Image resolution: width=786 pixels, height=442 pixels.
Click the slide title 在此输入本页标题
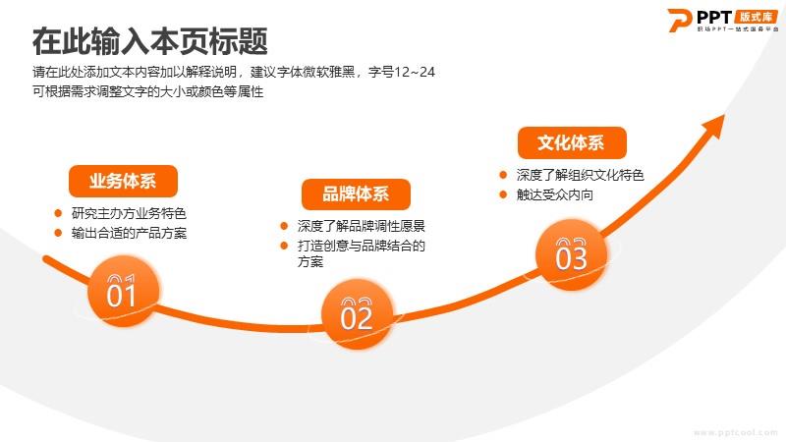pos(150,41)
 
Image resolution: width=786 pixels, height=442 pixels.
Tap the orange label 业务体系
pos(123,181)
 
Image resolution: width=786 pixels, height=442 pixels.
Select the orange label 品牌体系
pos(356,193)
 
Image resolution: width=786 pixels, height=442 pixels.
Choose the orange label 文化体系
pos(572,142)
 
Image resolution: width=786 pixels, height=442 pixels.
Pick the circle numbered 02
pos(357,314)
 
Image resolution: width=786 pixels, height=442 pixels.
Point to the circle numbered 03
pos(571,254)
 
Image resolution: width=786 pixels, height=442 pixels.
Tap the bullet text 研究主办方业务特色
pos(129,213)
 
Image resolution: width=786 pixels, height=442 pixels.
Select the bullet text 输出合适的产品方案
pos(129,233)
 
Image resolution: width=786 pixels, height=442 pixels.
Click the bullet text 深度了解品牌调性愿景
pos(361,226)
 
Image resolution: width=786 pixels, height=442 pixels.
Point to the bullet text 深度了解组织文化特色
pos(580,175)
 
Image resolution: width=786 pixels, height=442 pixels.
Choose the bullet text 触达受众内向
pos(555,194)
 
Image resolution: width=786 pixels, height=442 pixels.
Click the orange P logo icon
pos(680,20)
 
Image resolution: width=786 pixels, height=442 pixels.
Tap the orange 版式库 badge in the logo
pos(757,17)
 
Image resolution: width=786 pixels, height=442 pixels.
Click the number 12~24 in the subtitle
pos(415,72)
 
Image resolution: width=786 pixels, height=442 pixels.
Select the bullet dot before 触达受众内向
pos(503,194)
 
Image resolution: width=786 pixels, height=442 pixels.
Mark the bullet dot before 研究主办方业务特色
pos(58,213)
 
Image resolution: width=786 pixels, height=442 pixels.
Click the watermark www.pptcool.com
pos(736,432)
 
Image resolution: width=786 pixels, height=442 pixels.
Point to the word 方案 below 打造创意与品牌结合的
pos(310,261)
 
